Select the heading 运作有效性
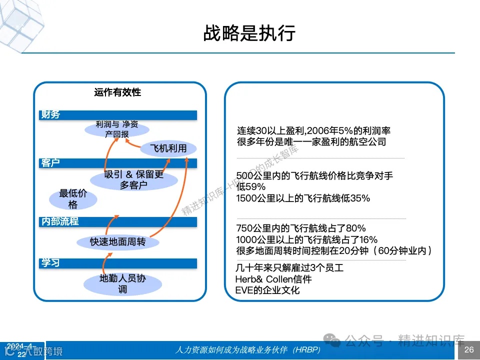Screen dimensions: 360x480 tap(117, 92)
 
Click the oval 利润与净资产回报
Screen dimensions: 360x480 tap(116, 129)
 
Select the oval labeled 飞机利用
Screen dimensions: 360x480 tap(168, 148)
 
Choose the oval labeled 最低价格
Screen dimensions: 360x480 tap(73, 199)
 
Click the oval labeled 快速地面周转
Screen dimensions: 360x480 tap(117, 242)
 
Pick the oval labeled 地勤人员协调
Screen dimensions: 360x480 tap(122, 283)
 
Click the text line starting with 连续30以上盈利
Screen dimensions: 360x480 tap(313, 131)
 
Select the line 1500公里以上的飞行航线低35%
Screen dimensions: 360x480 tap(303, 198)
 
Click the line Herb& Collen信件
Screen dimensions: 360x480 tap(273, 279)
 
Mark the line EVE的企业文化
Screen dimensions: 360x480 tap(267, 290)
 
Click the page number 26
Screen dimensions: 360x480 tap(469, 349)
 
